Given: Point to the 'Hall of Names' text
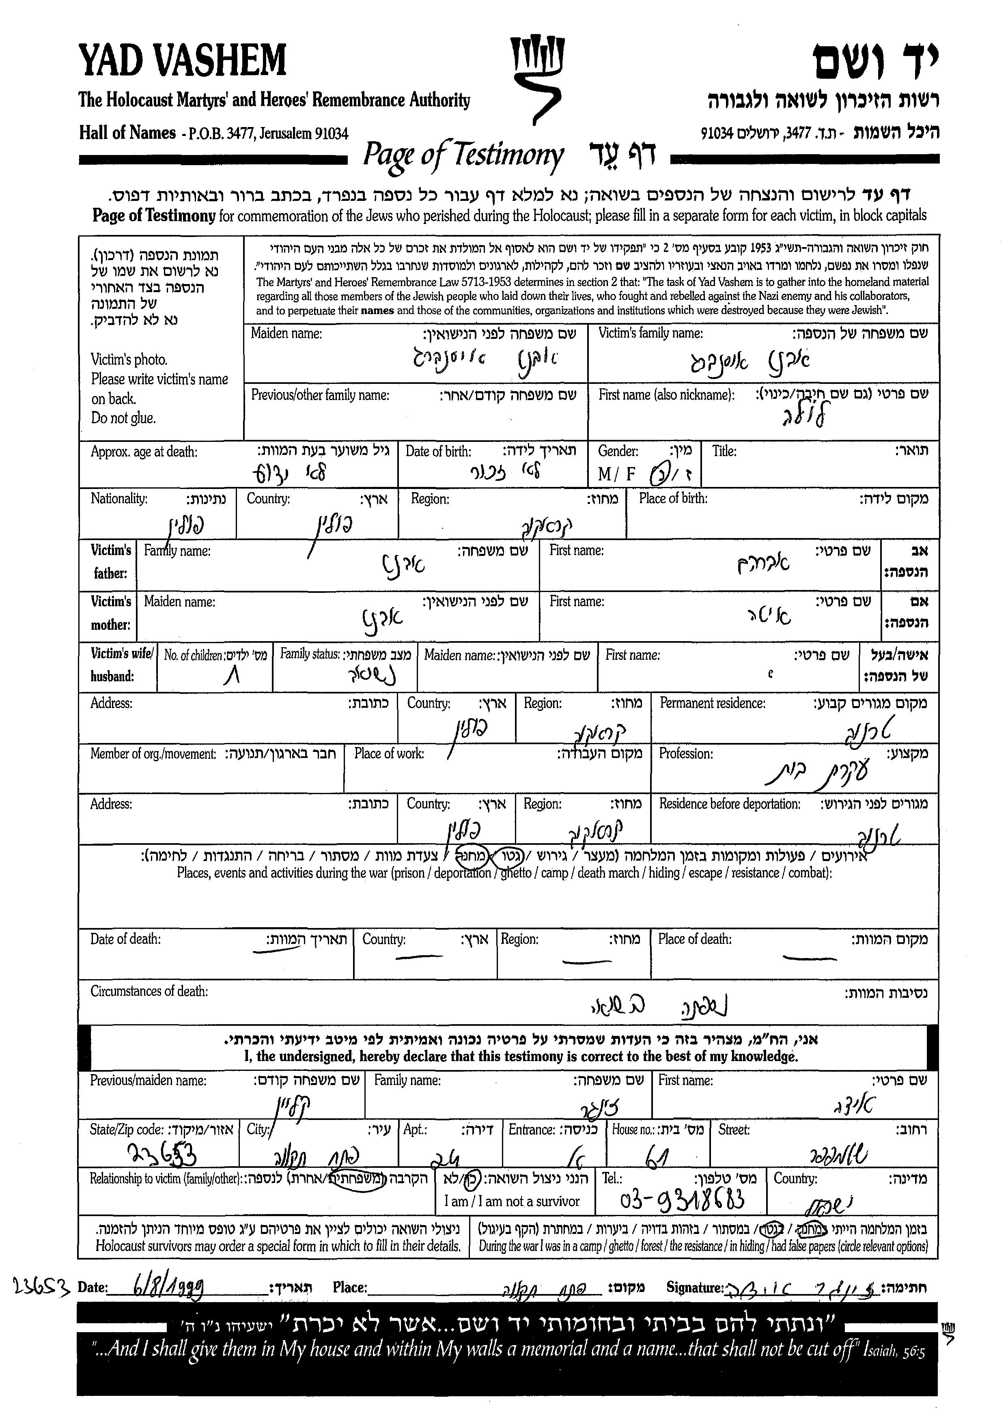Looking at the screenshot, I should click(127, 133).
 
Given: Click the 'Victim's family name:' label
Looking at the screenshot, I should click(650, 333).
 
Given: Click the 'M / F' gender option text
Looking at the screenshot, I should click(616, 474).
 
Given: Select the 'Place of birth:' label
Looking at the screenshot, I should click(673, 498).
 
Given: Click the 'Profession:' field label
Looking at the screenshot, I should click(686, 754).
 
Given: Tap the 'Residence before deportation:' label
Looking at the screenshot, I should click(729, 804).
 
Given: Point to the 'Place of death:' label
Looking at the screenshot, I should click(695, 939).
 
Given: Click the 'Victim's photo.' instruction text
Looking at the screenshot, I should click(129, 360).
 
